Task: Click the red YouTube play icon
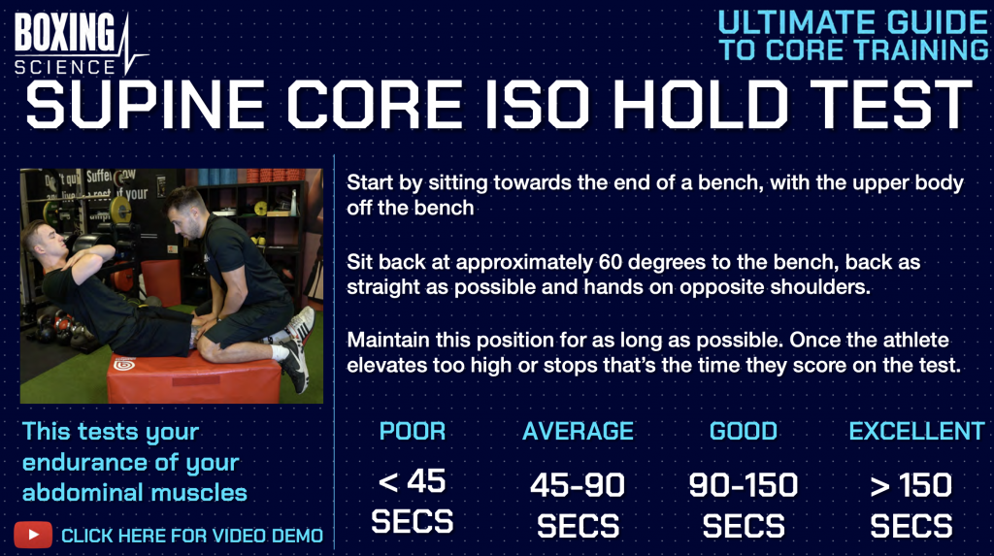(33, 535)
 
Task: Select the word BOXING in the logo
(65, 32)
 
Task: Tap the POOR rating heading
(412, 431)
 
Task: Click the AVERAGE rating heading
(578, 431)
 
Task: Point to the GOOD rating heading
(743, 431)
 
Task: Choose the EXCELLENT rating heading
(916, 431)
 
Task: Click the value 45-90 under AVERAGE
(578, 485)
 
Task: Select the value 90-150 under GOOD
(743, 485)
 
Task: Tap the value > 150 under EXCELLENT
(911, 485)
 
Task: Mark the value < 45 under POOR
(412, 482)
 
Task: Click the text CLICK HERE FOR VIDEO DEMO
(192, 536)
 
